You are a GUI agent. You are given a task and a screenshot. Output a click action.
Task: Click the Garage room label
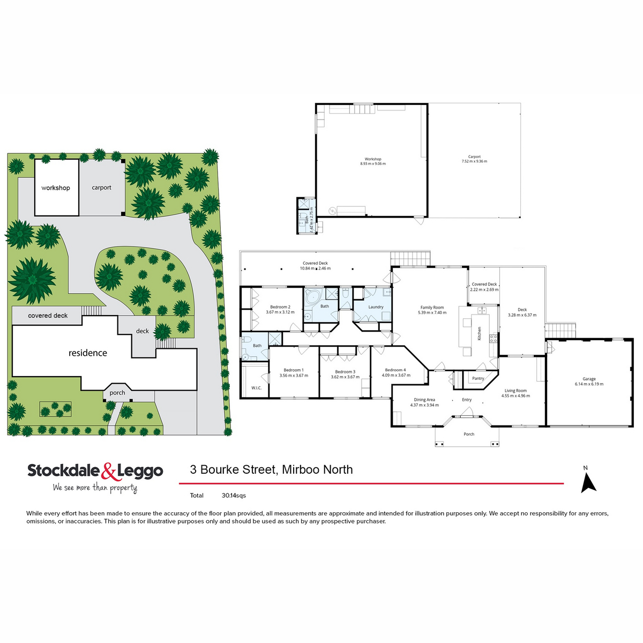point(589,379)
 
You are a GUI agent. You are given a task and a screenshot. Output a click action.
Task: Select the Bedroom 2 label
point(280,307)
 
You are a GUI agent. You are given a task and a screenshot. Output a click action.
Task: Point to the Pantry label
point(478,378)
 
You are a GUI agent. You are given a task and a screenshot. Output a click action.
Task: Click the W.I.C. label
point(256,387)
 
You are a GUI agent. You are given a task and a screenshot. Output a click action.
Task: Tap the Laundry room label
point(376,307)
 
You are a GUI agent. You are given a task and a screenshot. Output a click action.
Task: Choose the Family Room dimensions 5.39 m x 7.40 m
point(432,312)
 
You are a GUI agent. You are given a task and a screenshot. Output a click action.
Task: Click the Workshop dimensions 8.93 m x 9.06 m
point(373,163)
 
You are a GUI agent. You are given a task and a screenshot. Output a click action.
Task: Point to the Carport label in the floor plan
point(474,157)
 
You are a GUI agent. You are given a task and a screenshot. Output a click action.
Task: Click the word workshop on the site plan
point(56,188)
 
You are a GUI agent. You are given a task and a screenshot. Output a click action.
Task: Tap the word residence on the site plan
point(88,353)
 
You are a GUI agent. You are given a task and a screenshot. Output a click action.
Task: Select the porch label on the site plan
point(117,393)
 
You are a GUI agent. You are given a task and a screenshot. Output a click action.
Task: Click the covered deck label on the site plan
point(48,316)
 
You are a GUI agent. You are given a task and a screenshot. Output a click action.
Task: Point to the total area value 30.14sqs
point(234,496)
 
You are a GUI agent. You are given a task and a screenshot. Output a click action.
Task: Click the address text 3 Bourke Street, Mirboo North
point(271,470)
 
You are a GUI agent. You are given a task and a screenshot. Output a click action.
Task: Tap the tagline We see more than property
point(95,488)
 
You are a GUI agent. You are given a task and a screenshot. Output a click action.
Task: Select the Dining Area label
point(424,400)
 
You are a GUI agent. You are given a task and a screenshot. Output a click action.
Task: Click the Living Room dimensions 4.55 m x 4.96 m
point(515,396)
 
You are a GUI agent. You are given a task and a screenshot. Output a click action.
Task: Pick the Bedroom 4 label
point(395,370)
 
